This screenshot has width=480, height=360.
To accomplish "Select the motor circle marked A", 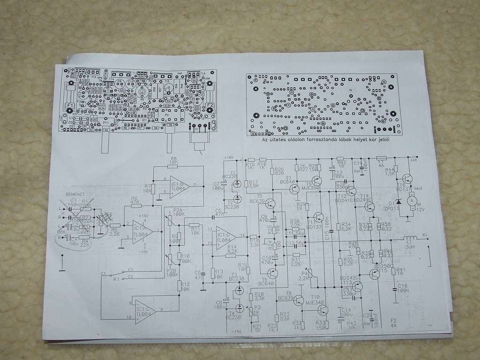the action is (412, 200).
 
